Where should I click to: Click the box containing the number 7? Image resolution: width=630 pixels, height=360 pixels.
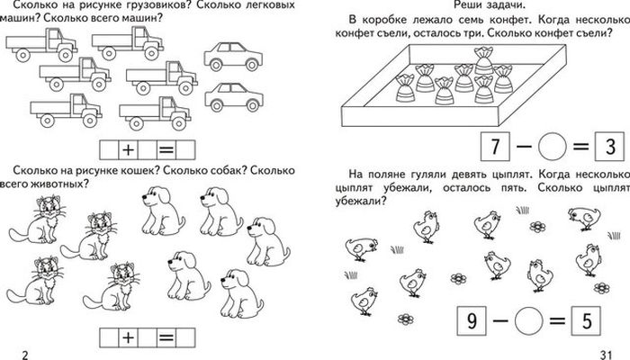point(492,145)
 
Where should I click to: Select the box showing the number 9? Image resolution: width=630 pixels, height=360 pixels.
point(469,320)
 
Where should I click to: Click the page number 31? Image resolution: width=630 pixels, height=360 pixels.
point(604,353)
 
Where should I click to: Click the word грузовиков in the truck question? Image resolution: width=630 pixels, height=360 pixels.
point(147,6)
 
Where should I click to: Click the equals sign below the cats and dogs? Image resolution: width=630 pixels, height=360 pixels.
point(166,338)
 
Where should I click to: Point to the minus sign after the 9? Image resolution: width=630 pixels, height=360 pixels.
point(497,320)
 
